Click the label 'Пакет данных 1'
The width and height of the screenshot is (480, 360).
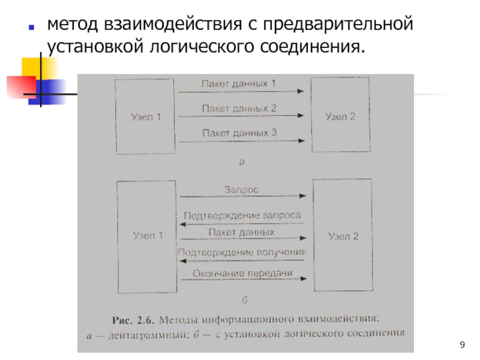238,84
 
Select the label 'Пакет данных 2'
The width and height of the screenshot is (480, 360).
239,109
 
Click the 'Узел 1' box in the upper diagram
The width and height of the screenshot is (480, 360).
146,116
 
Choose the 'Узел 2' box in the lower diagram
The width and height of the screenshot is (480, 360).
343,236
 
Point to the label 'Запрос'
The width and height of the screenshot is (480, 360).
241,189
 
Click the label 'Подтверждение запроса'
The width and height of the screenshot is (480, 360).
242,215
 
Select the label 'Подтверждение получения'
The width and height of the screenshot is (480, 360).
242,252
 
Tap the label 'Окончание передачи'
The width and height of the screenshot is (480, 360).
242,274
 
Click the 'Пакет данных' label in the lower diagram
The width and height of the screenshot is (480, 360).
242,232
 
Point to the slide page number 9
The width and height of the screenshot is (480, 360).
461,344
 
